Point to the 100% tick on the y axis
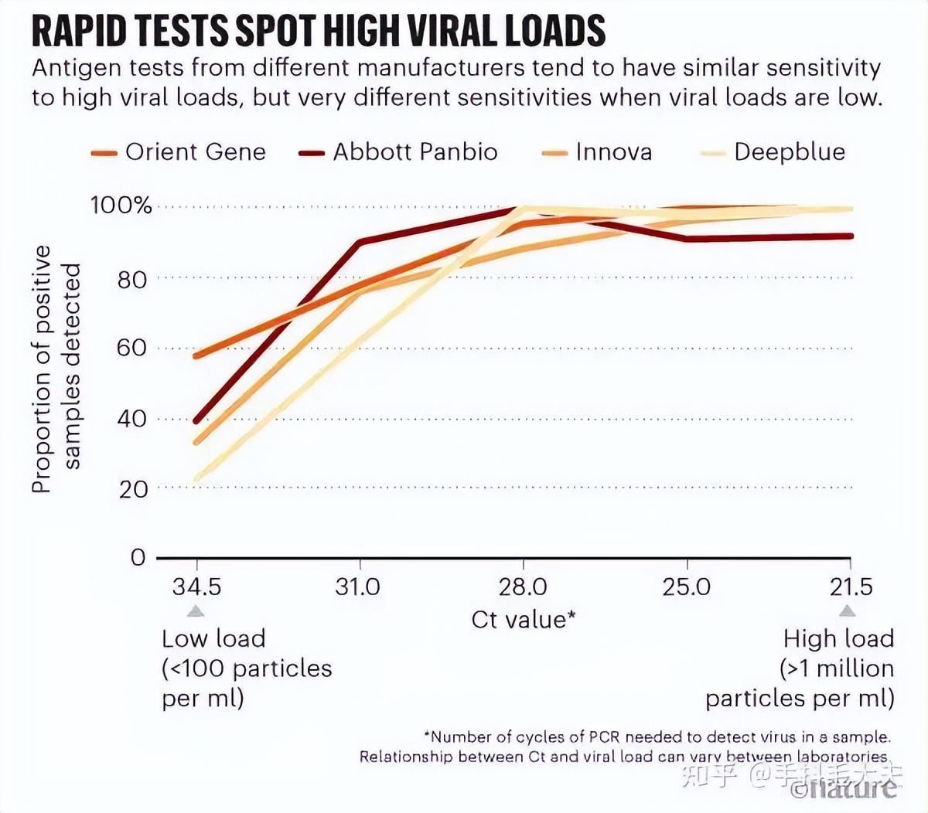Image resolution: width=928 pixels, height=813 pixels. (x=121, y=206)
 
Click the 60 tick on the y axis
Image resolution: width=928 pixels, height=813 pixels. (x=132, y=348)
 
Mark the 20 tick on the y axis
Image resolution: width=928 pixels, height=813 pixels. (x=132, y=488)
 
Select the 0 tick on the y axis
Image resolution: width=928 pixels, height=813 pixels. (x=138, y=557)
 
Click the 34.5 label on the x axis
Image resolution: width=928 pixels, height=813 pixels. (x=196, y=587)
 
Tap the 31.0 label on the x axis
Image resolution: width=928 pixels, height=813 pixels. (x=358, y=587)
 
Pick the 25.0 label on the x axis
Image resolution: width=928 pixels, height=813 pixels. (x=687, y=587)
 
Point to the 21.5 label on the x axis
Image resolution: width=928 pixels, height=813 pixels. (x=851, y=587)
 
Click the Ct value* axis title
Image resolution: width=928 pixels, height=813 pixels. (x=524, y=620)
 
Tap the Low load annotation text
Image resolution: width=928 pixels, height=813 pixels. (x=213, y=639)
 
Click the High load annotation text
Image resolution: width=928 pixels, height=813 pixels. (x=838, y=639)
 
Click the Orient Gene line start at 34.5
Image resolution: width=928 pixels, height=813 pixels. (x=196, y=355)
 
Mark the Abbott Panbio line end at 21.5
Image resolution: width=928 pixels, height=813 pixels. (x=851, y=236)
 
